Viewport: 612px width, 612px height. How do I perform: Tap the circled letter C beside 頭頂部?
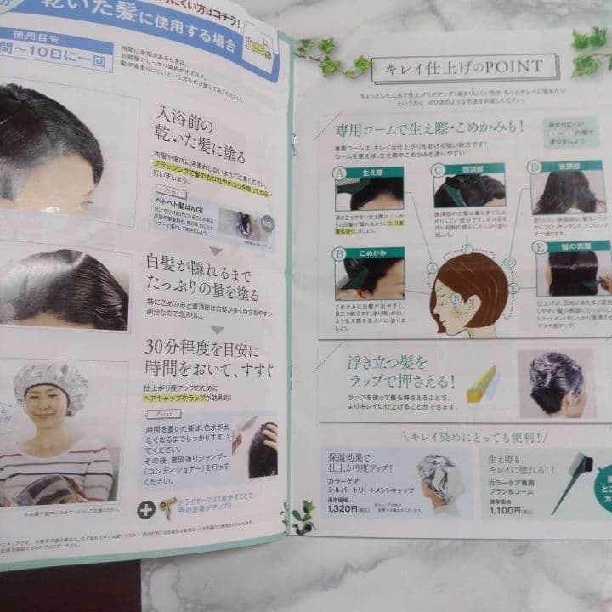439,170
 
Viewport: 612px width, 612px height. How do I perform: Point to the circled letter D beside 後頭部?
535,167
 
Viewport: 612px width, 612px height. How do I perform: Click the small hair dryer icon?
170,506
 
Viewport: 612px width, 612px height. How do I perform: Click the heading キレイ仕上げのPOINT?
464,68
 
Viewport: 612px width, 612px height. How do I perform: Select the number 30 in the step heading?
160,348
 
